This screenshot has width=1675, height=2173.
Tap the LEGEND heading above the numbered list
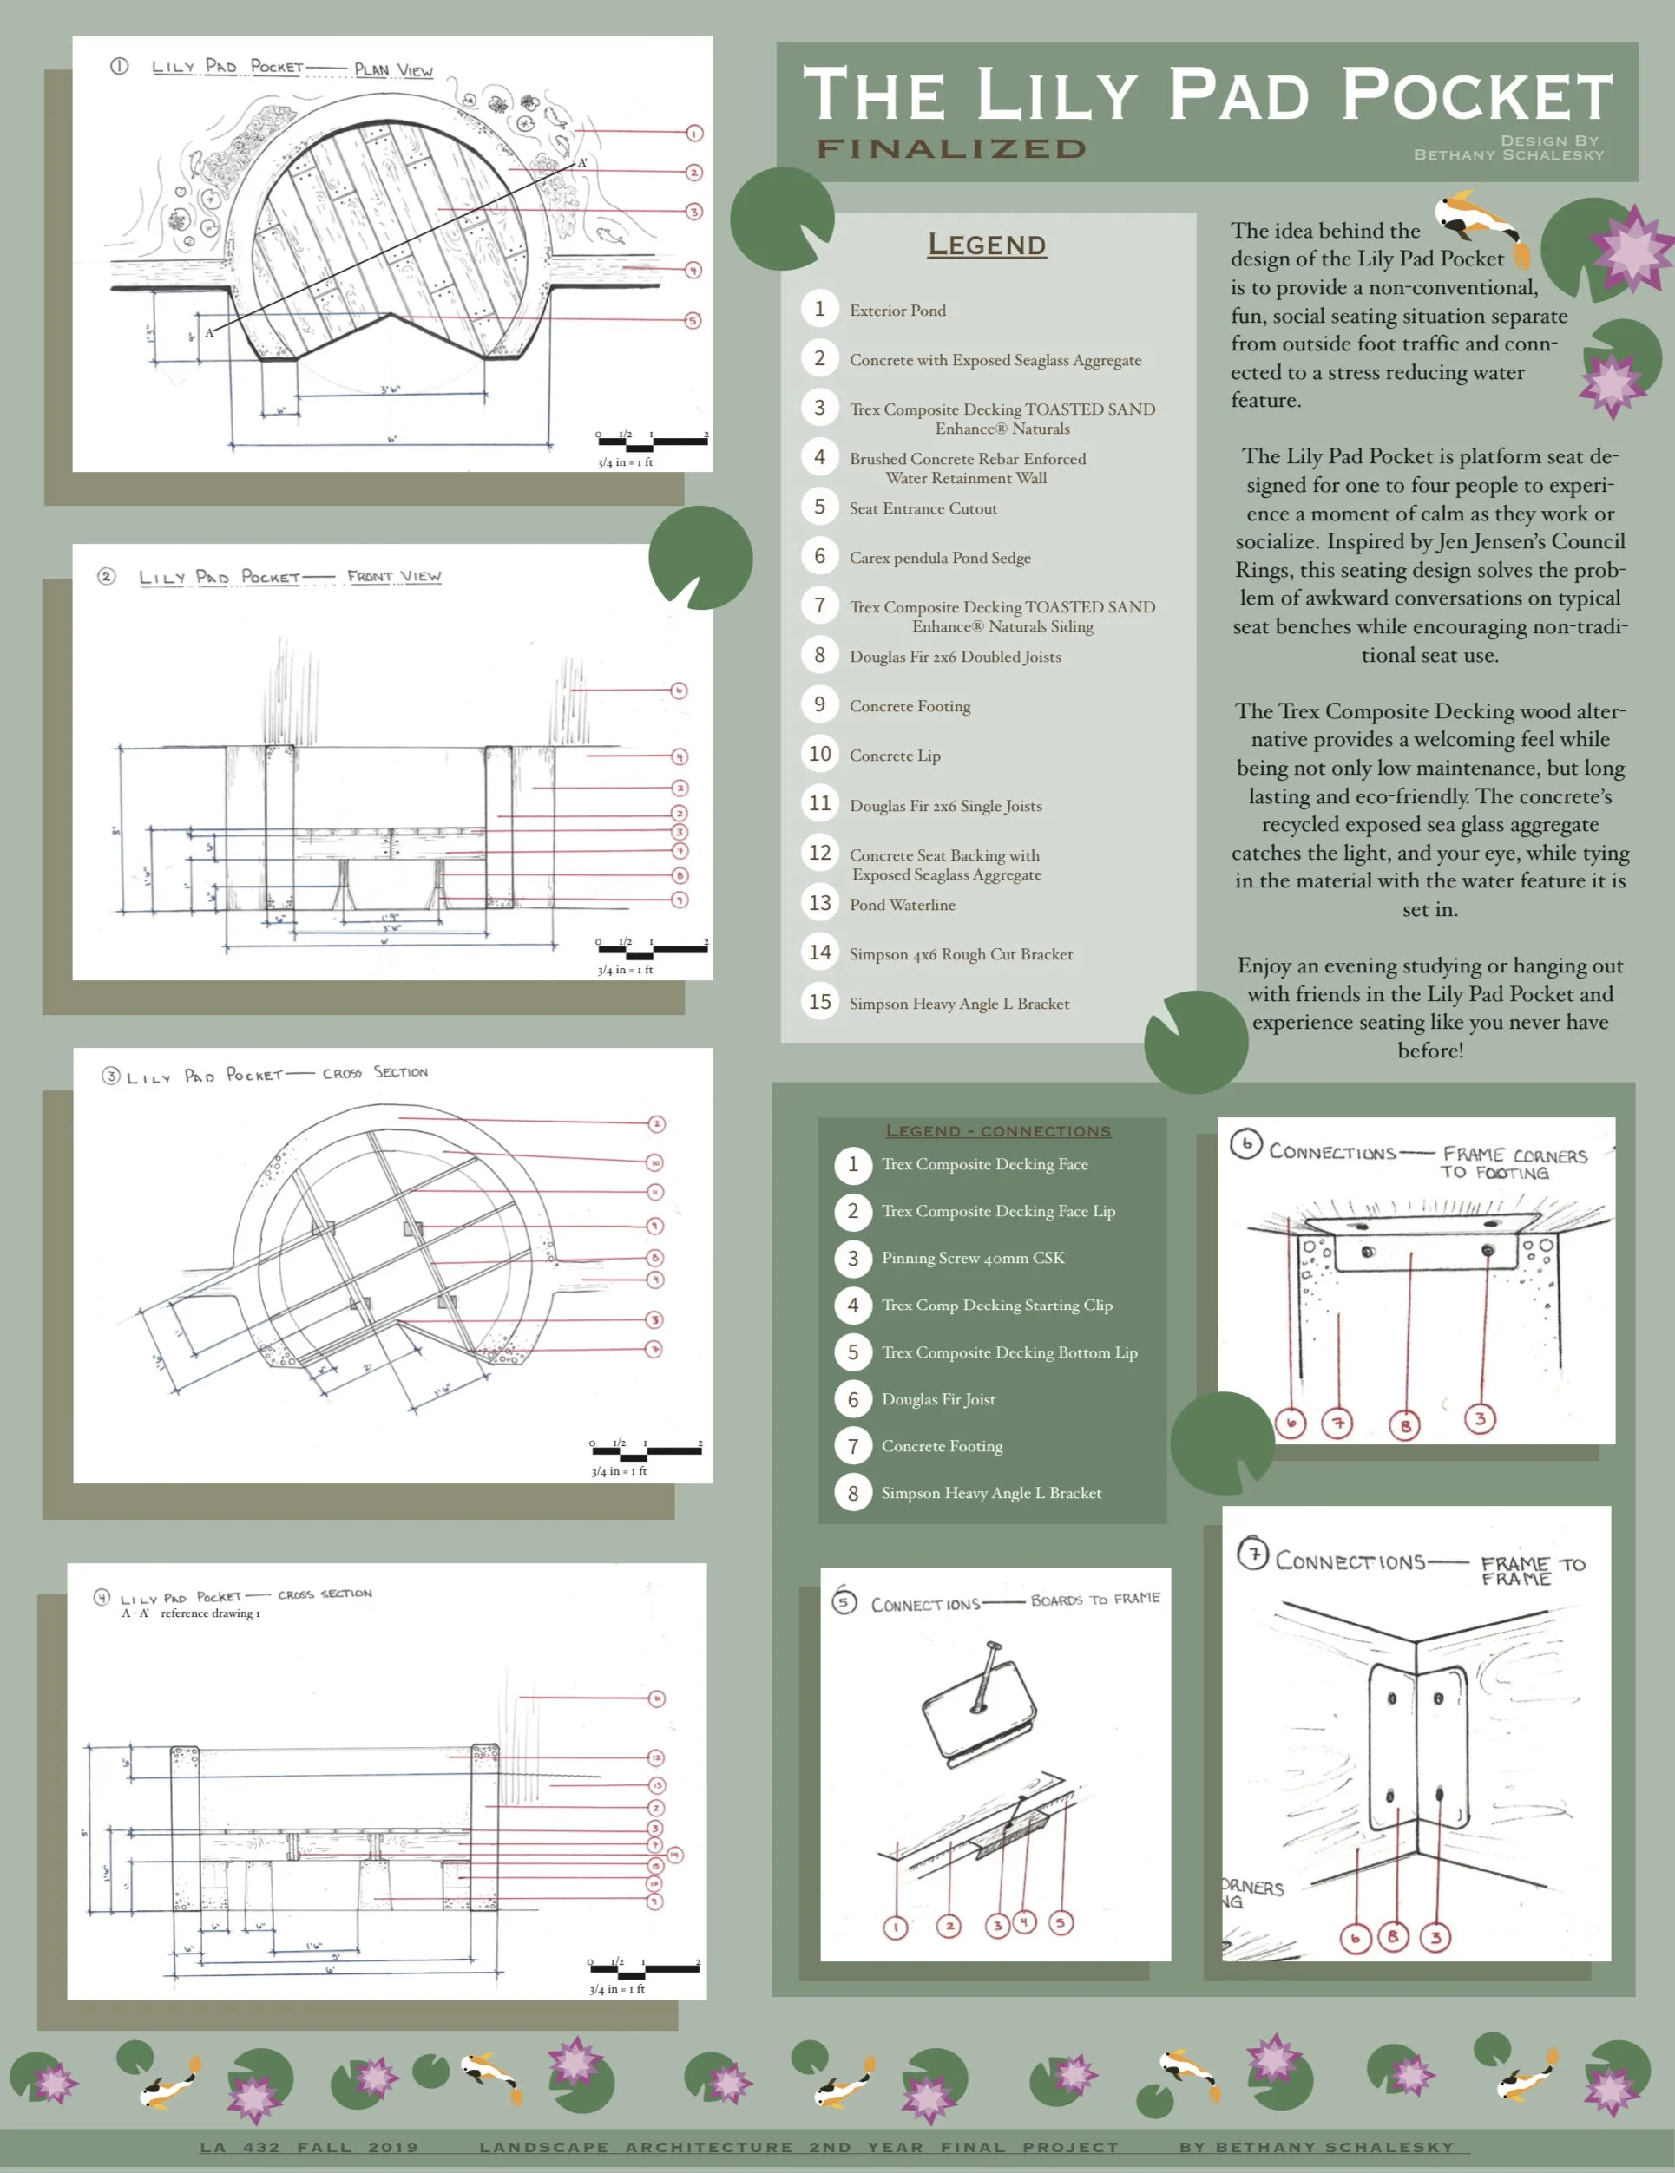click(986, 244)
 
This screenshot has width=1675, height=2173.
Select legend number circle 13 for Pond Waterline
click(819, 902)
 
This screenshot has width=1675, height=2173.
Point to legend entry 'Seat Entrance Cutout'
click(923, 508)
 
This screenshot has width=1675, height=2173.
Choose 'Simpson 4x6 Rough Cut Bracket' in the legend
click(961, 954)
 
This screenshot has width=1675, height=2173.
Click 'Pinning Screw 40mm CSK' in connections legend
click(972, 1258)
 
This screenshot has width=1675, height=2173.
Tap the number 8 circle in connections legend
click(853, 1492)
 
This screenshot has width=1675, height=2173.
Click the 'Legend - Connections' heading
click(998, 1131)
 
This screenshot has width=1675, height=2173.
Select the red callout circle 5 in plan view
click(693, 320)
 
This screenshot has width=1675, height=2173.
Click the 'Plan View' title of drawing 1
click(394, 69)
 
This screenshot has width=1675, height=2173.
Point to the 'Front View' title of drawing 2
click(394, 576)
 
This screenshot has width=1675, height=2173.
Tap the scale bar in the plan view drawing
click(652, 441)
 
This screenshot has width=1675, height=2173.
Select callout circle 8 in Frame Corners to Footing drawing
click(1404, 1426)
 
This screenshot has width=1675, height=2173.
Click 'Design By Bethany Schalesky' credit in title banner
click(1507, 147)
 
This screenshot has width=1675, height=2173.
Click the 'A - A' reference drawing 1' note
click(190, 1613)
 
